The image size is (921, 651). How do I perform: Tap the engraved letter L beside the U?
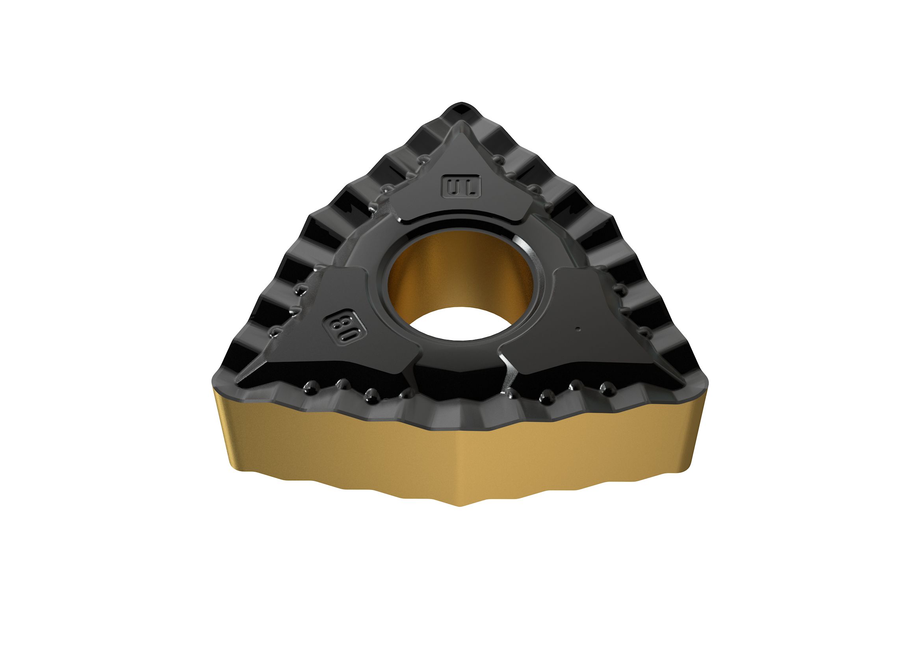pos(470,187)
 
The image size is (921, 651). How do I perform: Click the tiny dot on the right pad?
pos(577,329)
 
